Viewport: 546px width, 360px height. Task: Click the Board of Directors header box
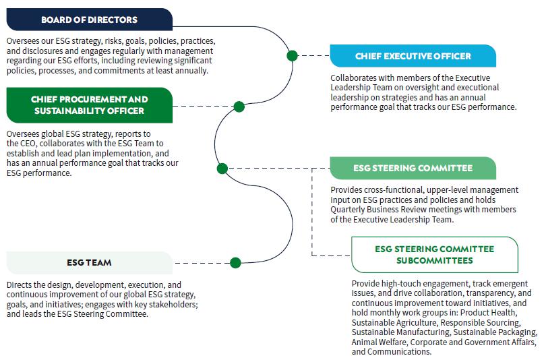pyautogui.click(x=90, y=20)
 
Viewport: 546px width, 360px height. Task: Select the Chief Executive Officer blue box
pyautogui.click(x=413, y=56)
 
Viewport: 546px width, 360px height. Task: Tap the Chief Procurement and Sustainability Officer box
pyautogui.click(x=90, y=105)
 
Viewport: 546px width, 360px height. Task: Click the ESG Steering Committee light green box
pyautogui.click(x=413, y=168)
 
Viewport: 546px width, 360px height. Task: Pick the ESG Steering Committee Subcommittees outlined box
pyautogui.click(x=435, y=255)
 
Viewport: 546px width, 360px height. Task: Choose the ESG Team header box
pyautogui.click(x=90, y=262)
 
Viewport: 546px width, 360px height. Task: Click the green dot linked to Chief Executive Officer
pyautogui.click(x=292, y=55)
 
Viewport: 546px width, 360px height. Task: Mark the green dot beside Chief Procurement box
pyautogui.click(x=239, y=107)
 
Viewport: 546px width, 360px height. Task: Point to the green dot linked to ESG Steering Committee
pyautogui.click(x=222, y=169)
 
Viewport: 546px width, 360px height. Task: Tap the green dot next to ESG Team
pyautogui.click(x=235, y=263)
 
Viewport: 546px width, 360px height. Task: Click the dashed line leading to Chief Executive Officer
pyautogui.click(x=313, y=55)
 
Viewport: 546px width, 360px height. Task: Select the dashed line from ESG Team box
pyautogui.click(x=202, y=263)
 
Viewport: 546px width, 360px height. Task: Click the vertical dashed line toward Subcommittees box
pyautogui.click(x=312, y=212)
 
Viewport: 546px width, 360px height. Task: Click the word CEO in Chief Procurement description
pyautogui.click(x=28, y=144)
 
